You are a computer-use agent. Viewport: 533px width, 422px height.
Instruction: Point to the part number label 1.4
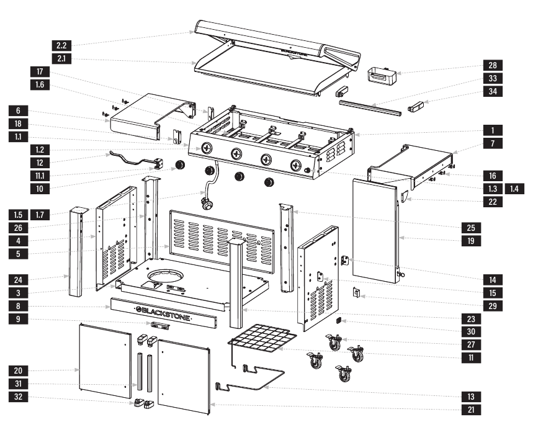click(x=514, y=188)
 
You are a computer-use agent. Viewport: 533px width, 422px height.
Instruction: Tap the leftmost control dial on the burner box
click(x=207, y=148)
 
